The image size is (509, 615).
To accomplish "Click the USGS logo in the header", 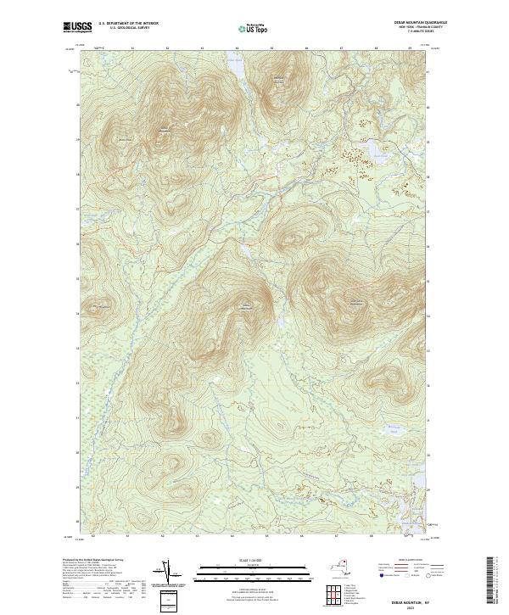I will (x=77, y=27).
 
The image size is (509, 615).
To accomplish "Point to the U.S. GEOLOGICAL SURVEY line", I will (x=129, y=28).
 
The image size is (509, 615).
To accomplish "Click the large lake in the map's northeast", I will (x=374, y=153).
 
